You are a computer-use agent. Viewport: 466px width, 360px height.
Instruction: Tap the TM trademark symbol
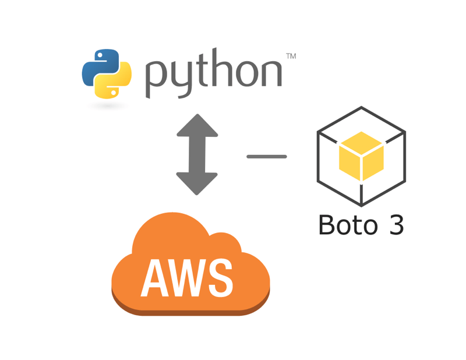click(291, 57)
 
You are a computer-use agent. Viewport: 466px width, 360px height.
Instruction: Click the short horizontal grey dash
click(267, 157)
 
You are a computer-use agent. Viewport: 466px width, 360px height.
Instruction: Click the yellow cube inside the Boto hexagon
click(361, 155)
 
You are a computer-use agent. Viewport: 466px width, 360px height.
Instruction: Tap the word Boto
click(345, 225)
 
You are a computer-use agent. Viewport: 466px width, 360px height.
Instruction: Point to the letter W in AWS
click(185, 277)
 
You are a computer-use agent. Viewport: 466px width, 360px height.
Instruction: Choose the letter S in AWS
click(221, 277)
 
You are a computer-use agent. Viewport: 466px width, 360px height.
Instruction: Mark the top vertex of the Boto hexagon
click(361, 108)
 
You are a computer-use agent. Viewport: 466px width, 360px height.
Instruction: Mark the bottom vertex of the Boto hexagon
click(361, 205)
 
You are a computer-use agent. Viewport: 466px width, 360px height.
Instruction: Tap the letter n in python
click(270, 73)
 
